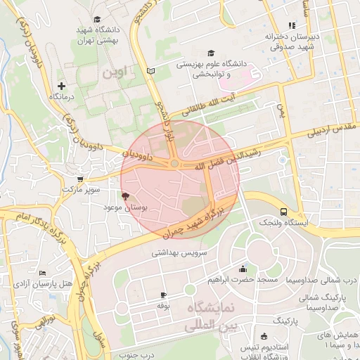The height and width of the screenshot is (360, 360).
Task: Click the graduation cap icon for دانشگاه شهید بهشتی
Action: coord(97,19)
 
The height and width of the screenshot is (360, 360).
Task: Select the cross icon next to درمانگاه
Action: coord(61,86)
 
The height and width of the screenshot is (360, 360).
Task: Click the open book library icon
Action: coord(150,71)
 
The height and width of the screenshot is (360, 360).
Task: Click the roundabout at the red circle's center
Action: coord(174,164)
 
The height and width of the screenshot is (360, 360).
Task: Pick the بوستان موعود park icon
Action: coord(126,197)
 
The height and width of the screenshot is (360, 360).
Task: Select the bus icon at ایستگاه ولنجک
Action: coord(283,212)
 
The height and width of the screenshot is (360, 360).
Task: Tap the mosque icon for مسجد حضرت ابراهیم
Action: coord(243,269)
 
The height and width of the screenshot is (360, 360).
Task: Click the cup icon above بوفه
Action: coord(163,295)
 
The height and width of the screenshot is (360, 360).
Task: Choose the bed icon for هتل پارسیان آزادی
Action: coord(43,273)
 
